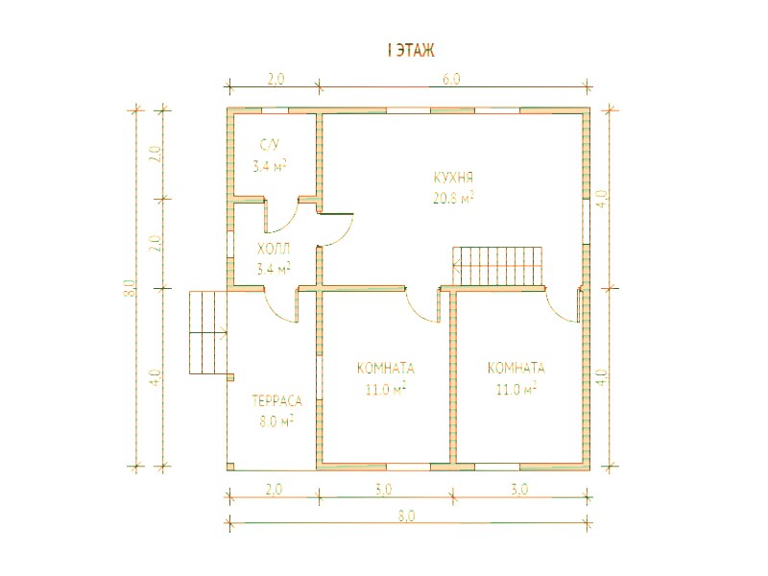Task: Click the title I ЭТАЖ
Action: (411, 51)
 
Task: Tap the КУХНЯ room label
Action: (453, 177)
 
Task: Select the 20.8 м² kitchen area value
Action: (453, 198)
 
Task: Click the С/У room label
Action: (270, 145)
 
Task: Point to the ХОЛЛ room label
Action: (274, 249)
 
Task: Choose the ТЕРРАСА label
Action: (277, 401)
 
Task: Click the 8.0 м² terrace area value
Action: (276, 420)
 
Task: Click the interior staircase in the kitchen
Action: (498, 266)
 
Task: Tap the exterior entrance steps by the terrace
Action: (208, 332)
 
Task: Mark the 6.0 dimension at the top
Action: (451, 79)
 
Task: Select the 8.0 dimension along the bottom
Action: (406, 516)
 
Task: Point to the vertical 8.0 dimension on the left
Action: (129, 287)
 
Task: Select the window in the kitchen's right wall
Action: (586, 221)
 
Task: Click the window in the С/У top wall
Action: (275, 110)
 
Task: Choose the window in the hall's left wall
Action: (229, 243)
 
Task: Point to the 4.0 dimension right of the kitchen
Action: (603, 199)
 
